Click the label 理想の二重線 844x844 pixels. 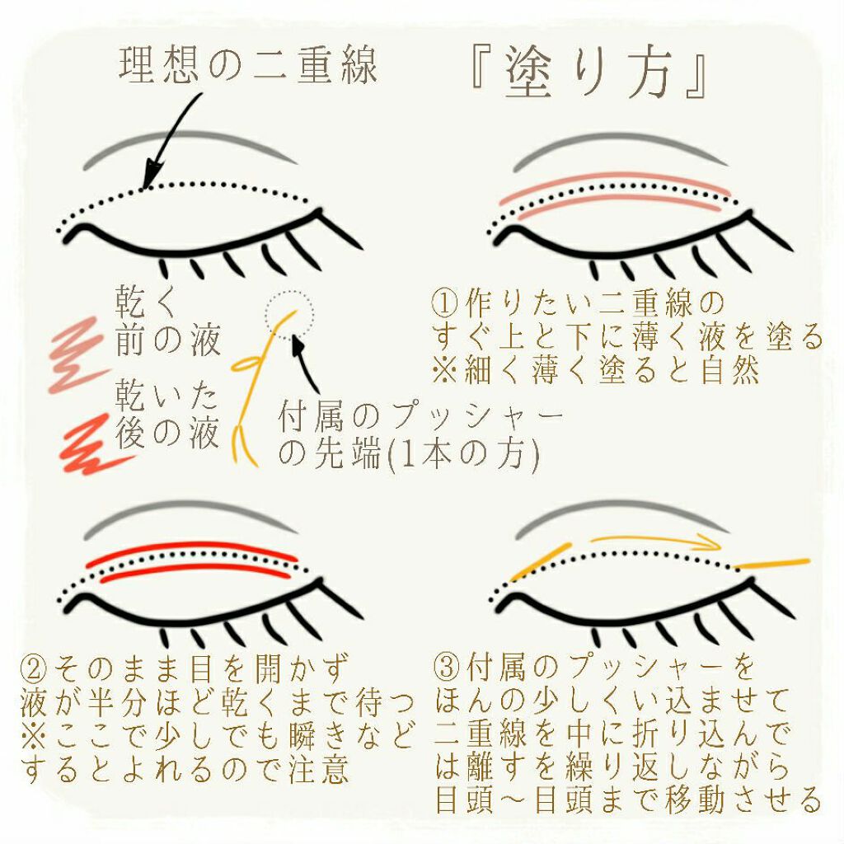[x=248, y=63]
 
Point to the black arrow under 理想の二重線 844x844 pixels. [x=172, y=140]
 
